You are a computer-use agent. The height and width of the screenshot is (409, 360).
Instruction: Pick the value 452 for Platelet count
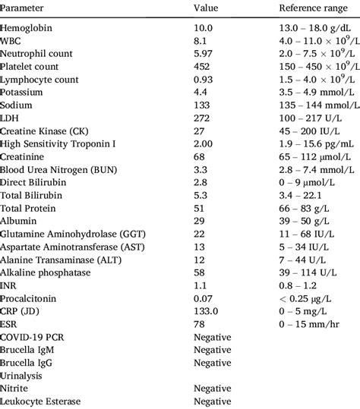[202, 68]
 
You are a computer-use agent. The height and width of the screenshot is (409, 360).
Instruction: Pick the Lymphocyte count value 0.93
[204, 79]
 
